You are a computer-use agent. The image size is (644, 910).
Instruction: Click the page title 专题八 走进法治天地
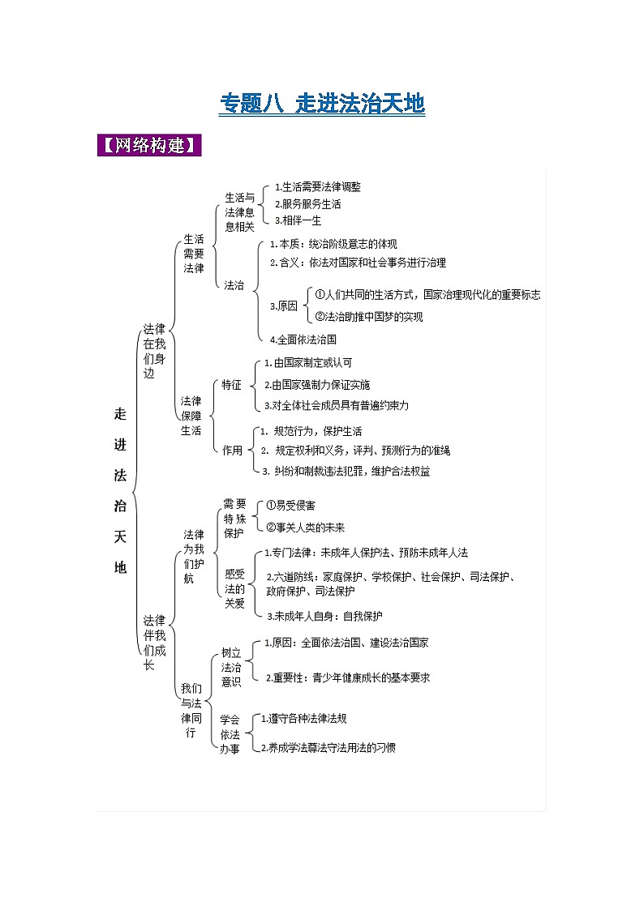tap(323, 104)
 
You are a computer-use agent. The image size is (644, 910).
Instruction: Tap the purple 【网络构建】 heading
tap(149, 146)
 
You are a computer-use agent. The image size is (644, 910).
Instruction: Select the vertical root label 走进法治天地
tap(120, 490)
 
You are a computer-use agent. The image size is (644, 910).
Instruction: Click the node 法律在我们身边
tap(154, 352)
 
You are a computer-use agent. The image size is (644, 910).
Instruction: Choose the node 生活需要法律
tap(194, 254)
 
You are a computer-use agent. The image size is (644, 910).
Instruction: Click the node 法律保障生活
tap(191, 416)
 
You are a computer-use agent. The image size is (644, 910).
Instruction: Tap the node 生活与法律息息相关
tap(239, 212)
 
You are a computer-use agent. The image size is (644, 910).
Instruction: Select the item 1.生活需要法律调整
tap(317, 186)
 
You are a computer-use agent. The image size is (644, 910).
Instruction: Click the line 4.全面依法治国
tap(303, 340)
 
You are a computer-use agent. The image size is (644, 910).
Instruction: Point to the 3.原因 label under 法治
tap(283, 306)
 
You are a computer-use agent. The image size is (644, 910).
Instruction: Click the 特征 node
tap(231, 385)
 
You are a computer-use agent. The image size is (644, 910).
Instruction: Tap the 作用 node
tap(232, 451)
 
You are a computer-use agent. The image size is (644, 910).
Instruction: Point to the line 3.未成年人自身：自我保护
tap(324, 616)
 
